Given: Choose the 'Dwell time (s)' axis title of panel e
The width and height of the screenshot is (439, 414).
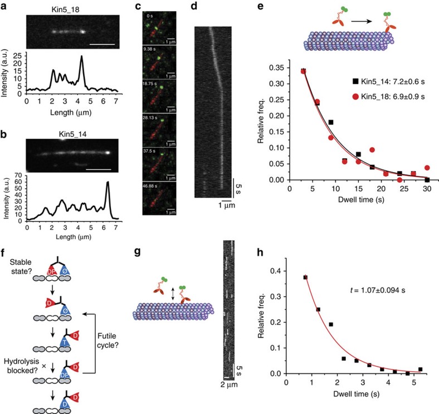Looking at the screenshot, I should pyautogui.click(x=363, y=200).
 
